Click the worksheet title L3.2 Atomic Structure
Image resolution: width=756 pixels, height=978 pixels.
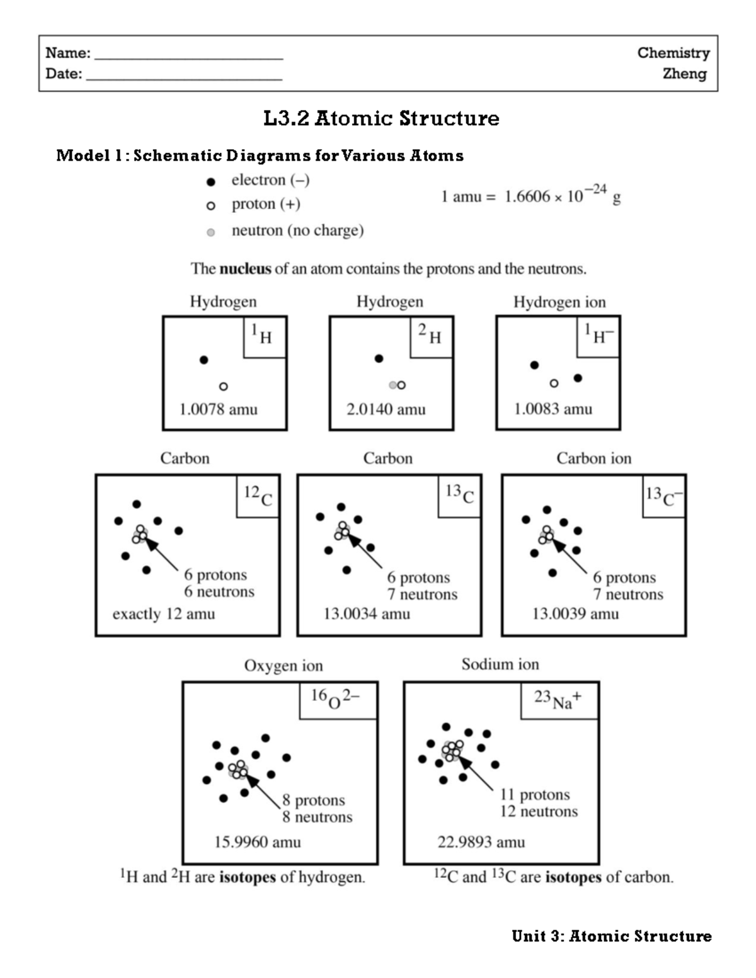point(381,118)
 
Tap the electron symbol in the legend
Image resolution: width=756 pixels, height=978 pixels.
point(211,182)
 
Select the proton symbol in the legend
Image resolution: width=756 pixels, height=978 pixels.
point(211,206)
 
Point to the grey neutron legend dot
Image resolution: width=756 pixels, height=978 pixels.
point(211,232)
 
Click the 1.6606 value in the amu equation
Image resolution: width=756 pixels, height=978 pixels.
point(527,197)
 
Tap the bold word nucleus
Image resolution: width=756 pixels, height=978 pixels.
point(245,269)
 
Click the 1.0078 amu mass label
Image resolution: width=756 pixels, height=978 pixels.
point(219,409)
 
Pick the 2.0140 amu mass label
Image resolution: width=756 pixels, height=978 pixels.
point(386,409)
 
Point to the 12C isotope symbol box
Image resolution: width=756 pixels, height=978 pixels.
point(258,496)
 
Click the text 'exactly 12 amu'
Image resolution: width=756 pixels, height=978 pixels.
point(164,614)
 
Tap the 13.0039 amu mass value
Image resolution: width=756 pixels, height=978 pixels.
point(575,614)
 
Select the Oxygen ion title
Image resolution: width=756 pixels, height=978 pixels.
point(283,666)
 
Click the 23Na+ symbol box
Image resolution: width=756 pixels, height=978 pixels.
point(559,700)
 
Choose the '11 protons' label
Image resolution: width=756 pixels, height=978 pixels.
point(535,795)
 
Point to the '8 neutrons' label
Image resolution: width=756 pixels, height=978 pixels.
point(318,817)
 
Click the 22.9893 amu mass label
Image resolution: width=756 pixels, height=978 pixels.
point(481,842)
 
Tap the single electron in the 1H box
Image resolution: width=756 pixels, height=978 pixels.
point(203,360)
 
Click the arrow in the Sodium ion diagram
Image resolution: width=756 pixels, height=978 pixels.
point(478,774)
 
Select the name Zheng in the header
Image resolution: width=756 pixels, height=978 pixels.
point(684,74)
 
